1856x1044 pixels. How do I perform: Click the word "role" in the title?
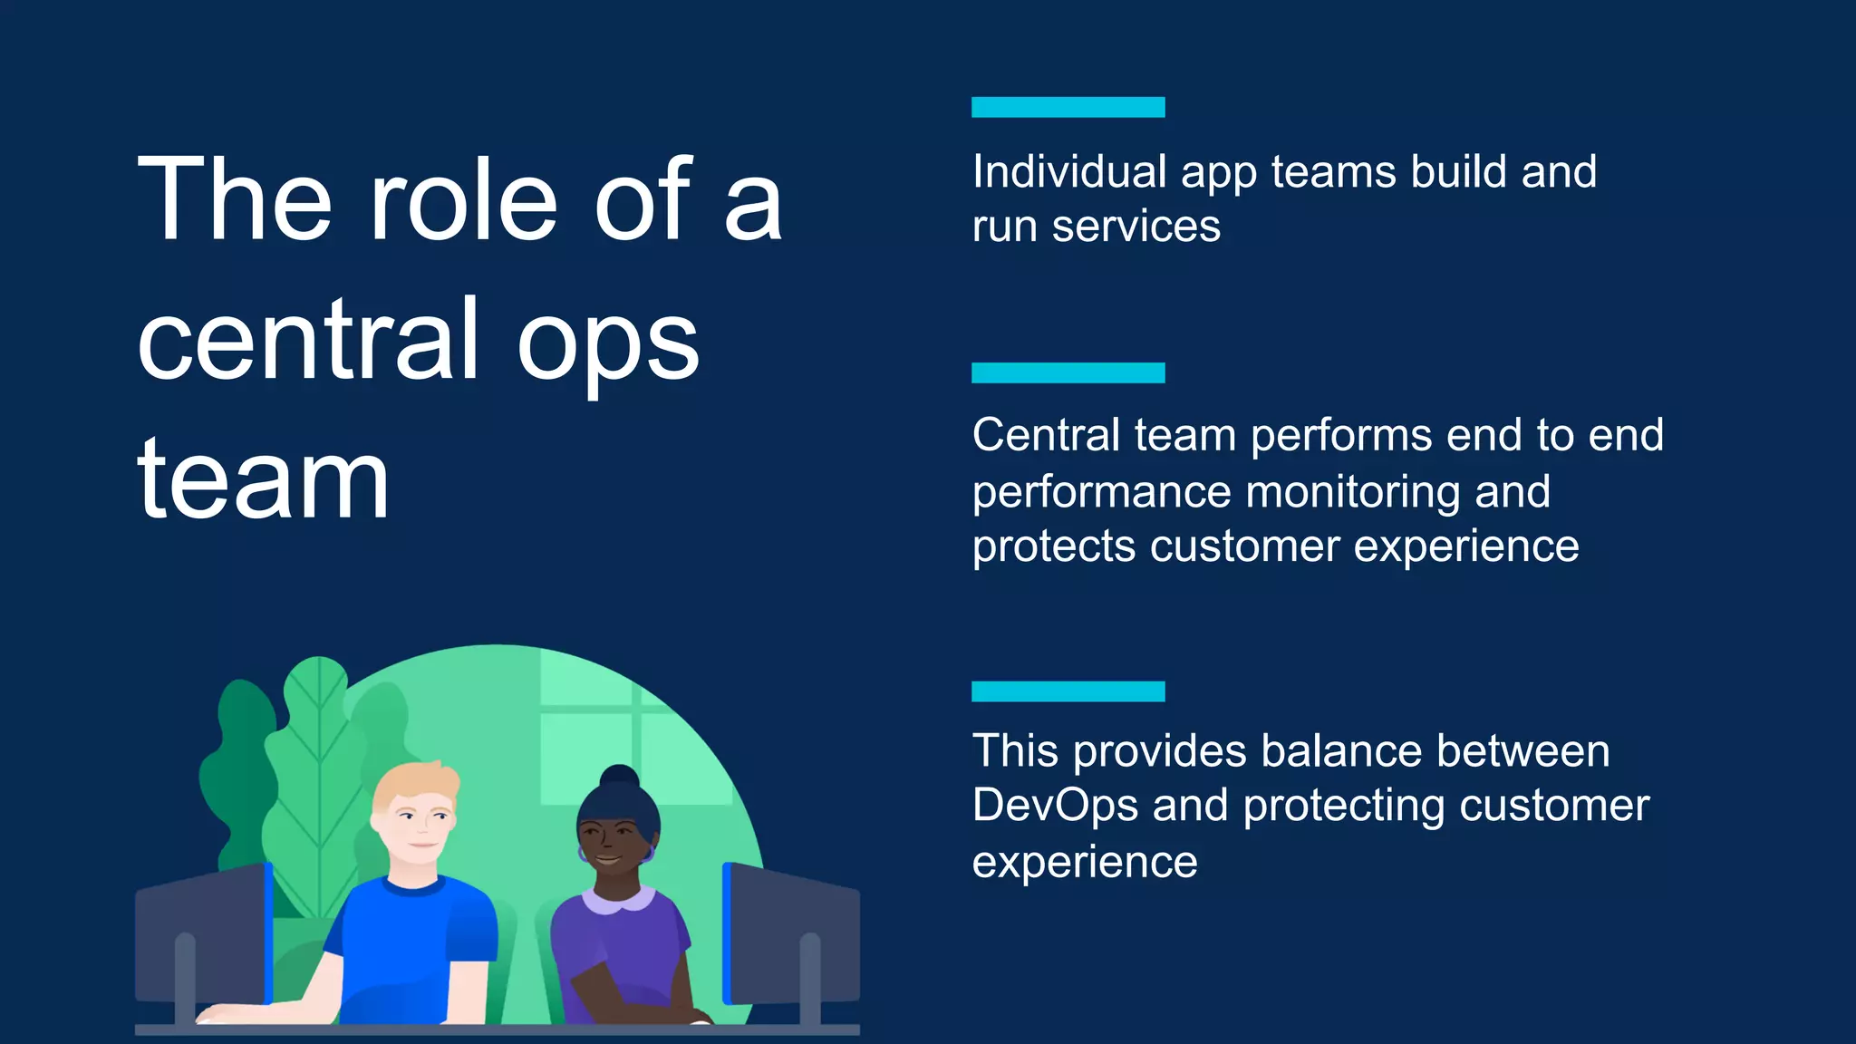[463, 200]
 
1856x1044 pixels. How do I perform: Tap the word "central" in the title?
[307, 341]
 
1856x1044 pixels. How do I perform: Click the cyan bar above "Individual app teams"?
[1068, 107]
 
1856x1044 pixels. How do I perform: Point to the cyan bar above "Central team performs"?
[1068, 372]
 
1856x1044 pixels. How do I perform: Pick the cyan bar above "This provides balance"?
[1068, 691]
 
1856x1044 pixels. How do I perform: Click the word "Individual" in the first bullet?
[1069, 171]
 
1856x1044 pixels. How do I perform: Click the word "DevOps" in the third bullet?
[1055, 806]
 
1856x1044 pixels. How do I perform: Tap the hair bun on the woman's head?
[620, 777]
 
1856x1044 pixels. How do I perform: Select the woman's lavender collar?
[618, 900]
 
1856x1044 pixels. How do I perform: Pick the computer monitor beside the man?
[204, 933]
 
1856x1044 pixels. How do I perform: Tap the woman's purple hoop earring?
[648, 854]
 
